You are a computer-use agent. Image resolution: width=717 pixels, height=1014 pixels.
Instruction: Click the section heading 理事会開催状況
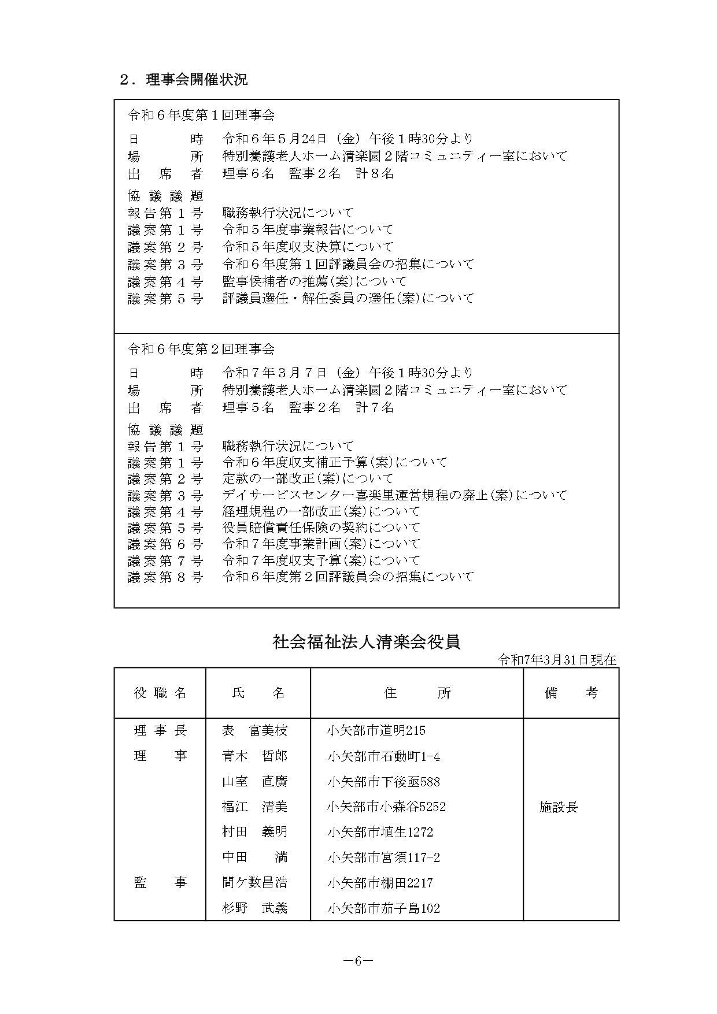197,80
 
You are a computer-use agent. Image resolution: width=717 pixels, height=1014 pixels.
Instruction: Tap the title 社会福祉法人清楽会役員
366,642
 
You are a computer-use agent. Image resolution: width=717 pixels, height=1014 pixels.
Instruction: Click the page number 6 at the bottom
358,961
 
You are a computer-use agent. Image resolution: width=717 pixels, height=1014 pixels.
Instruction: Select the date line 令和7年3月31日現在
557,660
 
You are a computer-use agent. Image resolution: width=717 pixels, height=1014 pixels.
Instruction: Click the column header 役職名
160,693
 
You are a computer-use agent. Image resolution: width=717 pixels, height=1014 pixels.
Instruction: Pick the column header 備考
571,693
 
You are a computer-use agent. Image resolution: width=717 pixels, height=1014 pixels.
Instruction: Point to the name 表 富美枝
254,730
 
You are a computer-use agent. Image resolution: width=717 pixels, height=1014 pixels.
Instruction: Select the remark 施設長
559,807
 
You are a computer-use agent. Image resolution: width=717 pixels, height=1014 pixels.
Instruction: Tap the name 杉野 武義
254,908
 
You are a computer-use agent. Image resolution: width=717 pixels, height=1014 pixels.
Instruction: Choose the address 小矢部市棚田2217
379,883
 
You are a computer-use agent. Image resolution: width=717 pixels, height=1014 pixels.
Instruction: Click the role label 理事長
160,730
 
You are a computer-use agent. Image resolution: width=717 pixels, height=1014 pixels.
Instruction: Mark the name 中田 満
254,857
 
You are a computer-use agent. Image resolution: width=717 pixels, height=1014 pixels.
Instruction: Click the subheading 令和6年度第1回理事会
201,115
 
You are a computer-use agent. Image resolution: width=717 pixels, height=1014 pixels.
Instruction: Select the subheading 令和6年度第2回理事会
201,349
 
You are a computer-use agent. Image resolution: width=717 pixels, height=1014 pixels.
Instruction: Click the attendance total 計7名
375,407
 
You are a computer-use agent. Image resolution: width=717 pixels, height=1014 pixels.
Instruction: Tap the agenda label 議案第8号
165,577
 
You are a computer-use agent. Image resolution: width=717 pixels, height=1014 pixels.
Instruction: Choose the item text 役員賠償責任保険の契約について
321,528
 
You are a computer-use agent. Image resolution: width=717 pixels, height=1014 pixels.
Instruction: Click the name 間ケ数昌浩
254,883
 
